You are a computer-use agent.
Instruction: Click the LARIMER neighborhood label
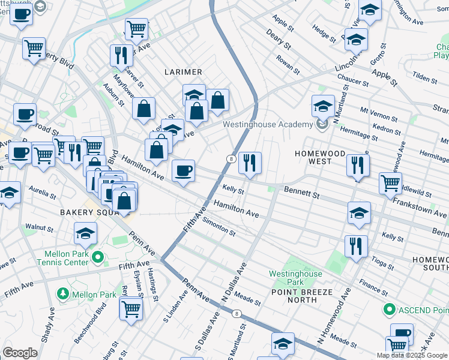[x=183, y=72]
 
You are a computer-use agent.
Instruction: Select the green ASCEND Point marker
[x=389, y=310]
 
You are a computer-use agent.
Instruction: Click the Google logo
[x=20, y=352]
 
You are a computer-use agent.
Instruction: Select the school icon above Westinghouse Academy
[x=323, y=107]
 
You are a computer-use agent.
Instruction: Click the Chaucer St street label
[x=352, y=81]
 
